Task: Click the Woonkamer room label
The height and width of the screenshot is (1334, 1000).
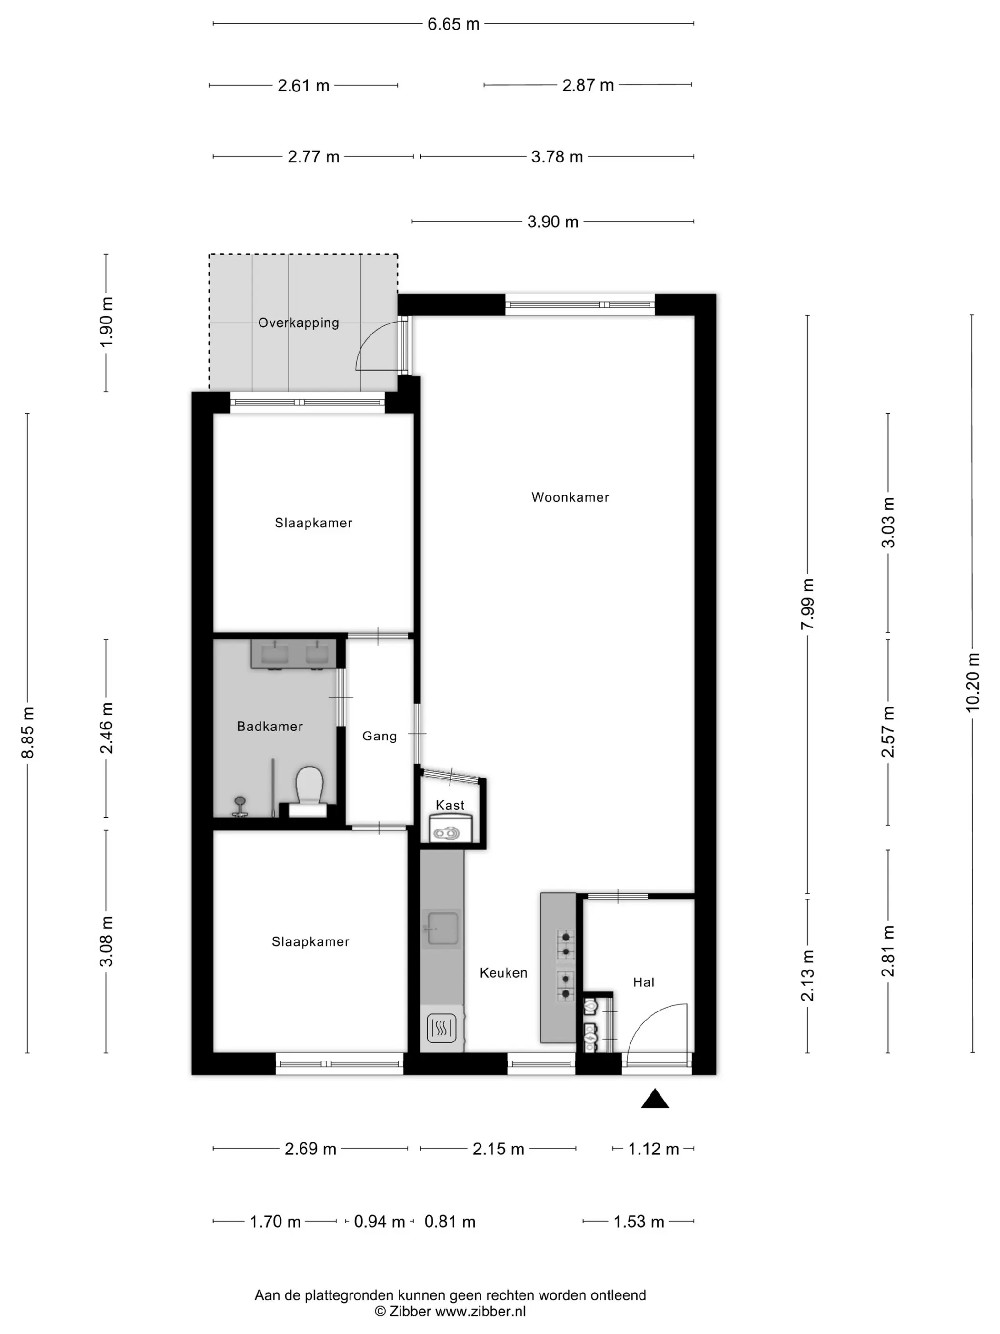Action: click(570, 497)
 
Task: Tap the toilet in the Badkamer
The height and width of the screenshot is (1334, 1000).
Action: click(309, 790)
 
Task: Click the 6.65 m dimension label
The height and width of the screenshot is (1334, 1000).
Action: click(453, 24)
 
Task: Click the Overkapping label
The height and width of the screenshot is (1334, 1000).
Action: click(299, 323)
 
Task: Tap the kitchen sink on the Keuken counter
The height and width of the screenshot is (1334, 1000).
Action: click(442, 928)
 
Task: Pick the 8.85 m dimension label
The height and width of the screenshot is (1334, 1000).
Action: click(28, 732)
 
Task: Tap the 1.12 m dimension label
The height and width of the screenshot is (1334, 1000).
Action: click(653, 1149)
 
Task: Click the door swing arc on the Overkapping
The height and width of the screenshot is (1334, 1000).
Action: click(369, 335)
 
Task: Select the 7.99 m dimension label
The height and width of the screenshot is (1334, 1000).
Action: click(808, 604)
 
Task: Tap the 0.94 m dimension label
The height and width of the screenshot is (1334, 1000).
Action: click(379, 1222)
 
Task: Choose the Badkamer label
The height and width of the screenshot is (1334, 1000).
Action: click(270, 726)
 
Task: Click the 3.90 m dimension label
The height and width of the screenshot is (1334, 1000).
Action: click(553, 222)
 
